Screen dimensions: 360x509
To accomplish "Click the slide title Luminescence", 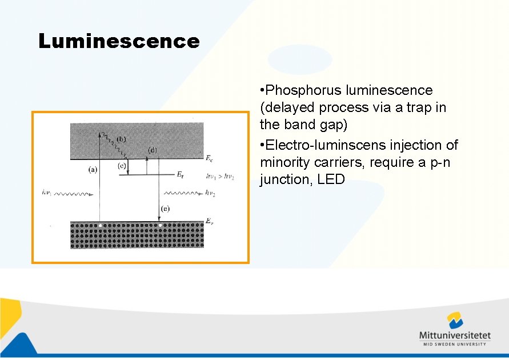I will [x=119, y=41].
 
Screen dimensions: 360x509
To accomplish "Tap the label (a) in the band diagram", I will [x=93, y=169].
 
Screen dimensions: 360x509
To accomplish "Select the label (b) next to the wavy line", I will [x=121, y=139].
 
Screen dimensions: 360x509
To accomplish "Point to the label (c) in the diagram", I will [x=122, y=166].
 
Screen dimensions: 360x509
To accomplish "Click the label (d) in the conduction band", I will [x=153, y=150].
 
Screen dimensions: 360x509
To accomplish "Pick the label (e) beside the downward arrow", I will [x=165, y=209].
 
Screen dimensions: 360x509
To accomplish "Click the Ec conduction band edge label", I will [x=209, y=158].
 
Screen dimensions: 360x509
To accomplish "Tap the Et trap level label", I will [x=179, y=175].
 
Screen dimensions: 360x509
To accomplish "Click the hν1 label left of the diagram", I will [x=48, y=193].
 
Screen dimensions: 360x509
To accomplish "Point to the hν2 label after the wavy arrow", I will [x=211, y=193].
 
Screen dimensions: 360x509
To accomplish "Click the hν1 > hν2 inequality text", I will [x=220, y=176].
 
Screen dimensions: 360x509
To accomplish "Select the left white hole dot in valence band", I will [x=101, y=226].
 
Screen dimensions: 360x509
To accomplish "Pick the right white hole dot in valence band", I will [x=160, y=226].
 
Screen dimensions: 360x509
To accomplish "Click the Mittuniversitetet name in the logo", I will [x=455, y=335].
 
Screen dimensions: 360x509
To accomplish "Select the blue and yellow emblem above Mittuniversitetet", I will [x=455, y=320].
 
